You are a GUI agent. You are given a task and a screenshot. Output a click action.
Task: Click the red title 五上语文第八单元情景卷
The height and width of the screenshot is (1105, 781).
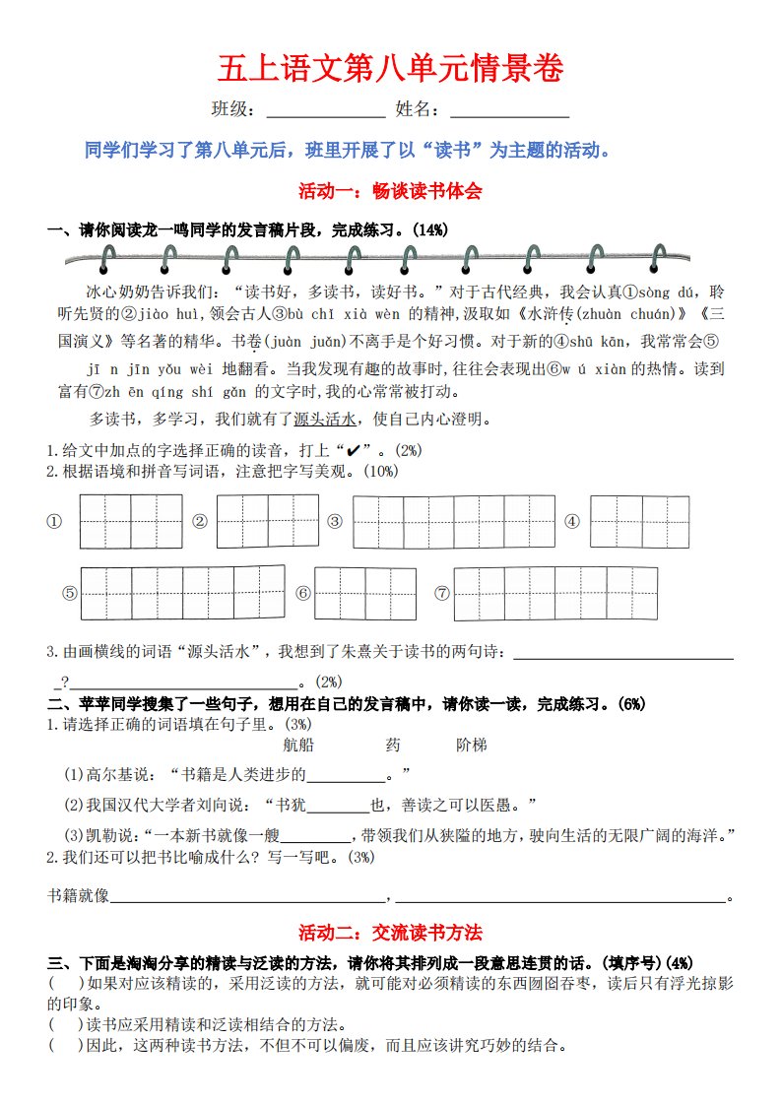point(391,71)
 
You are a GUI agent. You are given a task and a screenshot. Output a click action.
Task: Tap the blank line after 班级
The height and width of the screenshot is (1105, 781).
point(326,116)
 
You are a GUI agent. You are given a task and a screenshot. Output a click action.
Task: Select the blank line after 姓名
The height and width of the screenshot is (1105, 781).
point(509,116)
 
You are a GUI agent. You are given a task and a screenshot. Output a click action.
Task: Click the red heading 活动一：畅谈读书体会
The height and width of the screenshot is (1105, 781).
point(391,191)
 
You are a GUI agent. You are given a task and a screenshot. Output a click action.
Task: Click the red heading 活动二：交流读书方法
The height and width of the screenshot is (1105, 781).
point(391,932)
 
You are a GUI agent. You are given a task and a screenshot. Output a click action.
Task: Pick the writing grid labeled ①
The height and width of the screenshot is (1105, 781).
point(131,522)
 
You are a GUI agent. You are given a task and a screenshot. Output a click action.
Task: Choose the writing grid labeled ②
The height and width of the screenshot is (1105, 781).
point(268,521)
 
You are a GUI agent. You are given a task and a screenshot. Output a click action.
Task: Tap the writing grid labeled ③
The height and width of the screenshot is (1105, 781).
point(454,522)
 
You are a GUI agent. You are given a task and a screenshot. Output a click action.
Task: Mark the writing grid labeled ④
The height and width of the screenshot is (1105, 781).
point(640,521)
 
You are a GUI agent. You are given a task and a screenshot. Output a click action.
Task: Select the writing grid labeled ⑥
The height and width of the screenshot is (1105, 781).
point(366,593)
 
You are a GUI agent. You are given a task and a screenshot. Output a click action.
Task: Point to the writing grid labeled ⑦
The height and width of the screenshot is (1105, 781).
point(555,593)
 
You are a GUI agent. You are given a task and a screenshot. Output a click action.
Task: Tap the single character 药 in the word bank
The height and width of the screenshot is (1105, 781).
point(393,745)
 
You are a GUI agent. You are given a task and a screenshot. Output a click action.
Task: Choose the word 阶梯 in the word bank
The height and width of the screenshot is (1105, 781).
point(472,745)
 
